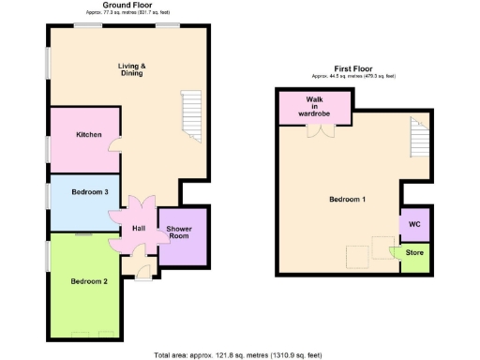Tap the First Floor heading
353,67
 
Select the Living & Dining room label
132,70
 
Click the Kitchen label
89,135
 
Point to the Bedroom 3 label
90,192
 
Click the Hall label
139,228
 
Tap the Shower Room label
179,233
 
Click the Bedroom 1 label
348,200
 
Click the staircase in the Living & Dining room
190,116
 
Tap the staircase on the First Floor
419,140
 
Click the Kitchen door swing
113,145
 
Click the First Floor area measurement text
353,75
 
